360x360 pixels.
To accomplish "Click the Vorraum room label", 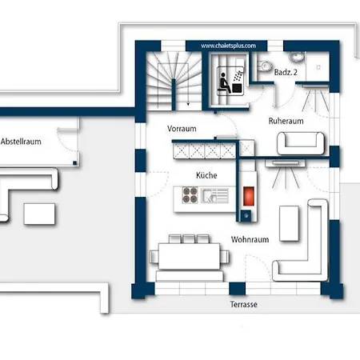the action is pyautogui.click(x=182, y=129).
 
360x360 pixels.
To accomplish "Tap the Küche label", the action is pyautogui.click(x=206, y=175).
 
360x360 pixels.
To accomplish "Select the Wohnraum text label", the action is pyautogui.click(x=250, y=239).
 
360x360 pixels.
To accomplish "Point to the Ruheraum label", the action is pyautogui.click(x=286, y=121).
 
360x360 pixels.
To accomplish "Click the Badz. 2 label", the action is pyautogui.click(x=286, y=72).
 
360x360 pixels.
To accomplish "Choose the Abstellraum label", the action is pyautogui.click(x=21, y=142).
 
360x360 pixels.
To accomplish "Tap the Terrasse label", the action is pyautogui.click(x=244, y=304).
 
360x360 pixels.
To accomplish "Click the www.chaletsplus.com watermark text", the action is pyautogui.click(x=228, y=46).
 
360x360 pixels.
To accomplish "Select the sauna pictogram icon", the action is pyautogui.click(x=230, y=81).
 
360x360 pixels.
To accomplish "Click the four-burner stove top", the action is pyautogui.click(x=190, y=195).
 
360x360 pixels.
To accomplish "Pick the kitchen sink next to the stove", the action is pyautogui.click(x=214, y=196).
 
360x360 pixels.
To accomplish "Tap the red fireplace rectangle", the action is pyautogui.click(x=249, y=196).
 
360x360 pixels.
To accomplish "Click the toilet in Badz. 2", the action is pyautogui.click(x=264, y=66).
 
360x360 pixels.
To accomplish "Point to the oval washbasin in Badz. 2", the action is pyautogui.click(x=296, y=57).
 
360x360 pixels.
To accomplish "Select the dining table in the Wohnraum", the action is pyautogui.click(x=189, y=256).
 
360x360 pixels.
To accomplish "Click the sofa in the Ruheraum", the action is pyautogui.click(x=301, y=143).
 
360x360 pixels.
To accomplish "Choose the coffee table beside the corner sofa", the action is pyautogui.click(x=289, y=223).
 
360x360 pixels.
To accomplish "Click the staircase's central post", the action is pyautogui.click(x=174, y=94).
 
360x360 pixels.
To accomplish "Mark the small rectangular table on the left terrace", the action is pyautogui.click(x=39, y=214).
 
